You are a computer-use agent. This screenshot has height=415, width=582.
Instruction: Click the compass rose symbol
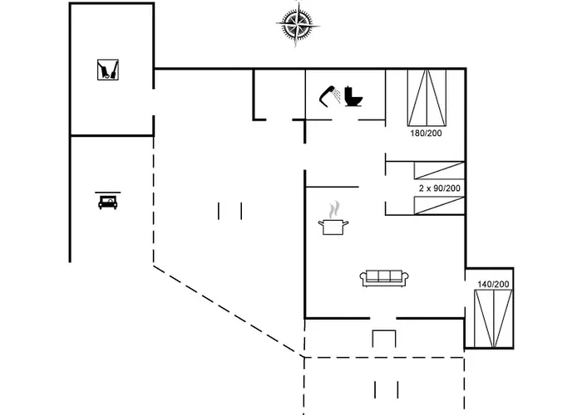[x=298, y=24]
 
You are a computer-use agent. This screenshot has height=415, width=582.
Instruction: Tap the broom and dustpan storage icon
[x=108, y=70]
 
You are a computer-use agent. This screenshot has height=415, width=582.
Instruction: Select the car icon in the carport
[x=107, y=203]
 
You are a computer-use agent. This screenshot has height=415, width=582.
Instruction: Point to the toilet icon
[x=353, y=96]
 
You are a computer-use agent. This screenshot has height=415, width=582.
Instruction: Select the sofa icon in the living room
[x=384, y=278]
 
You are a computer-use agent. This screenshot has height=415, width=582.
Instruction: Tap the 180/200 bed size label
[x=426, y=134]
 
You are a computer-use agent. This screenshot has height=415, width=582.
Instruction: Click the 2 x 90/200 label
[x=440, y=188]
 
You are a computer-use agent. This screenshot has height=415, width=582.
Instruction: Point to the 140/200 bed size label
[x=493, y=284]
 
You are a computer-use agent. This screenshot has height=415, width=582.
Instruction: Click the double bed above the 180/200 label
[x=427, y=97]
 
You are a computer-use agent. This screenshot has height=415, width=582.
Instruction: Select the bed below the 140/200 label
[x=493, y=319]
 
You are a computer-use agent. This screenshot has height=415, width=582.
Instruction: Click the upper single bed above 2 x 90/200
[x=439, y=170]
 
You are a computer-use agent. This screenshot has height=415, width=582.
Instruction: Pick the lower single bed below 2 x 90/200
[x=439, y=206]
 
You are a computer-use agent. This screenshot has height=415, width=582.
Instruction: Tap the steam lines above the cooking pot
[x=334, y=210]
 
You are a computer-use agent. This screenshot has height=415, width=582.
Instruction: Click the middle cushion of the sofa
[x=384, y=276]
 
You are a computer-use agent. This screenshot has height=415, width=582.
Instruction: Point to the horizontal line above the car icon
[x=107, y=193]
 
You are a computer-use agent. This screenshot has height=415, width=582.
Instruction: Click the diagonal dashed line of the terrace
[x=229, y=311]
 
